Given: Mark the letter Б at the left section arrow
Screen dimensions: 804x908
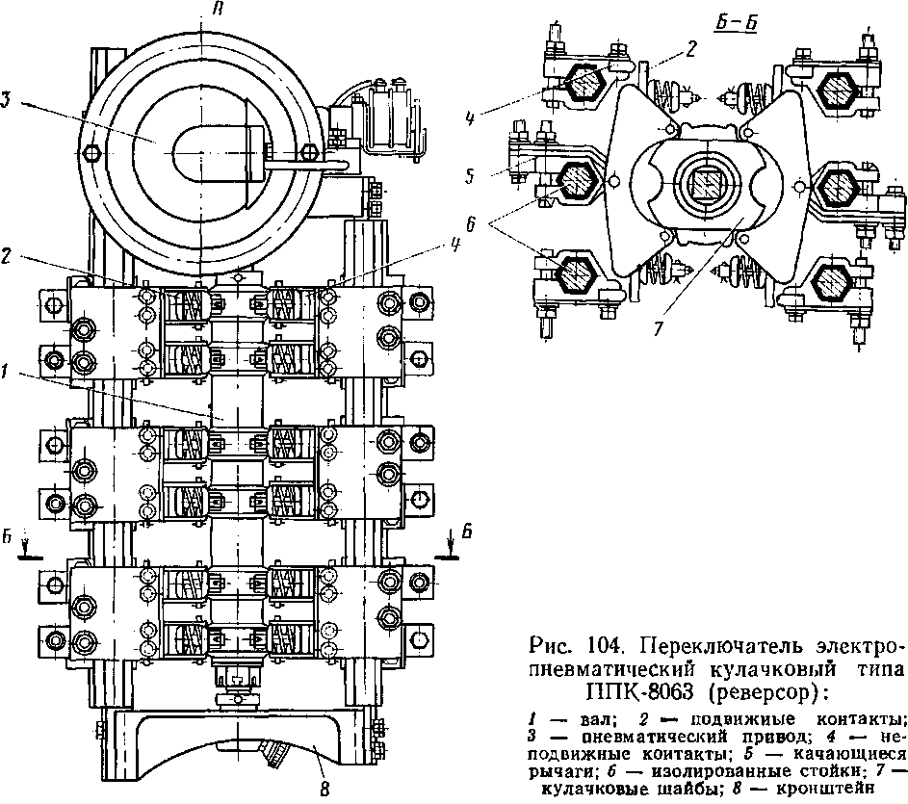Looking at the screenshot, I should point(7,538).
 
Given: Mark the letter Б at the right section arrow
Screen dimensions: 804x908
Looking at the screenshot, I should point(466,532).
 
